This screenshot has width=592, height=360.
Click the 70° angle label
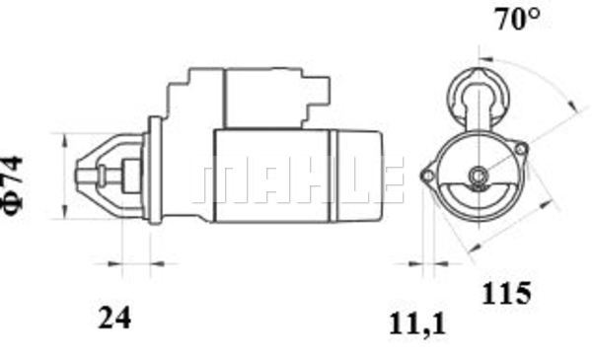click(517, 19)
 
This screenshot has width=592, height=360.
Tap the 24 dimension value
click(114, 318)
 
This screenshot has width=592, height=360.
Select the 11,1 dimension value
click(417, 324)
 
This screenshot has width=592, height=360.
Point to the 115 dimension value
click(506, 293)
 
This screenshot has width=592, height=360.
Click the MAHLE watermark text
click(298, 180)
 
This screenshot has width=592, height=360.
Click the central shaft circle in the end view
click(479, 176)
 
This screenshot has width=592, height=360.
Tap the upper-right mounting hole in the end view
click(521, 149)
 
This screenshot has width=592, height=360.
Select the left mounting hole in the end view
click(428, 176)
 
